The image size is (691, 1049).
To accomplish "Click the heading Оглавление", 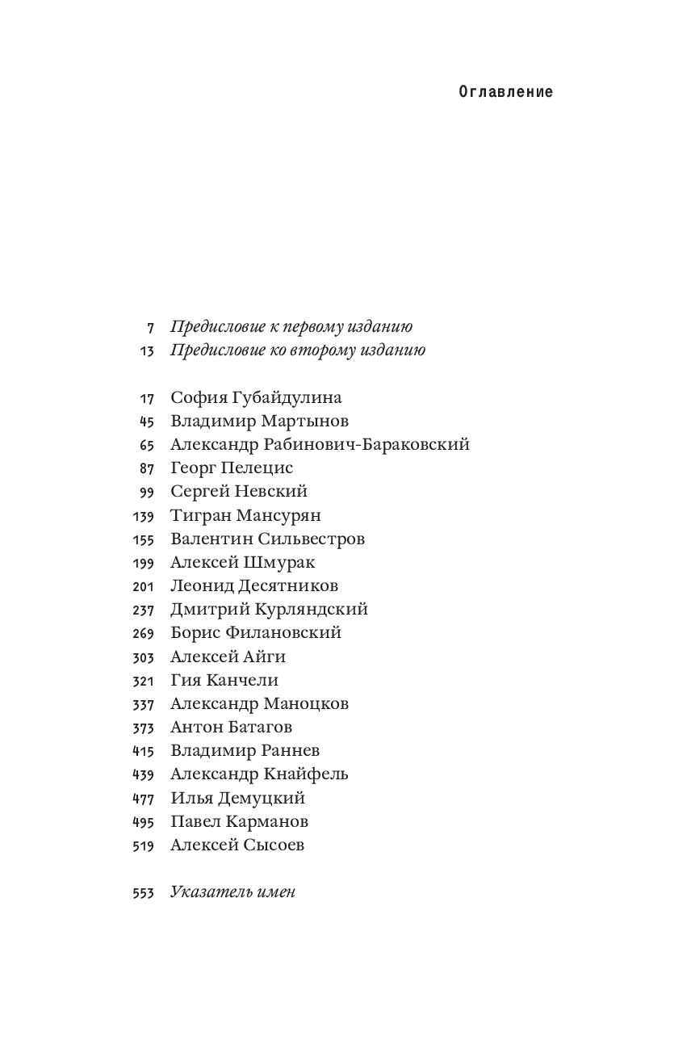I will point(505,92).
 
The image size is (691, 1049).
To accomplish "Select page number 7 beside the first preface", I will point(150,328).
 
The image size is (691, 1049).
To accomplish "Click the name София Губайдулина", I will point(256,397).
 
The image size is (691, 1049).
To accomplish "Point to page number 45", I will point(146,422).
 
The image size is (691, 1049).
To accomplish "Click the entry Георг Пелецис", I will point(232,468).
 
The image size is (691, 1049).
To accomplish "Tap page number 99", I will point(146,492).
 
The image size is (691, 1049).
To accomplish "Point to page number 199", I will point(143,562).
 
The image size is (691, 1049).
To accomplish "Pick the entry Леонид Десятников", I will point(254,585).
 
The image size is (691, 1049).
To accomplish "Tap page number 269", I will point(143,633).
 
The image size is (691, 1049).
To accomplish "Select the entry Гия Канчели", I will point(224,680).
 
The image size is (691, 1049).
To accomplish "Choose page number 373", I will point(143,728).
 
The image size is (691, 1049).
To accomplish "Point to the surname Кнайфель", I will point(305,774).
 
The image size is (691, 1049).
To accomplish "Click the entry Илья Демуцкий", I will point(237,798).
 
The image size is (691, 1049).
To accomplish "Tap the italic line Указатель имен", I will point(232,892).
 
